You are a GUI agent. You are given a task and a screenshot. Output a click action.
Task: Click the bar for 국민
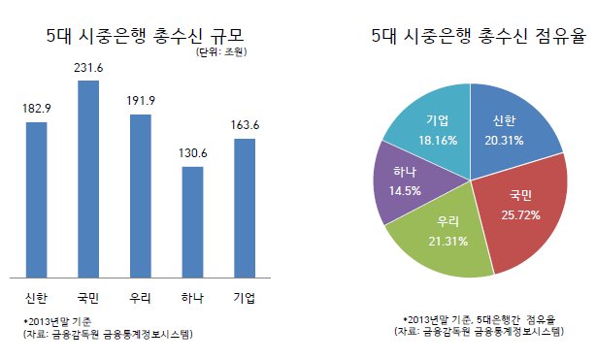coord(88,180)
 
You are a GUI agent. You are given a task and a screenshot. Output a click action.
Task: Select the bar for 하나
coord(193,222)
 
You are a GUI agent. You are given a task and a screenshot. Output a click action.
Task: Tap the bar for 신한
coord(37,200)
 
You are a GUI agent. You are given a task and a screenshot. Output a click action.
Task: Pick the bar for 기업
coord(245,209)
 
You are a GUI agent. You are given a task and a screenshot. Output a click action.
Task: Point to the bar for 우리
coord(141,196)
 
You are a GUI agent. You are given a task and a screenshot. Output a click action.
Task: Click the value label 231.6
coord(88,68)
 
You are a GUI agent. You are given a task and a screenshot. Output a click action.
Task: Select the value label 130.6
coord(193,153)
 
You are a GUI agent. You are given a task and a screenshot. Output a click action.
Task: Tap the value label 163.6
coord(245,125)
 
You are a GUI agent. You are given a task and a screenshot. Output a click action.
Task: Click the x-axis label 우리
coord(140,298)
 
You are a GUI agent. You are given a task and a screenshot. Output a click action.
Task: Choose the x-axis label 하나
coord(192,298)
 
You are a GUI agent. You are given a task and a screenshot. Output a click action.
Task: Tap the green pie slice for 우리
coord(445,236)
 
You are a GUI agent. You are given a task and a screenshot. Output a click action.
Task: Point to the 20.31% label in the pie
coord(504,141)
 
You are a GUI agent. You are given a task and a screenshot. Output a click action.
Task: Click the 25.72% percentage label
coord(520,215)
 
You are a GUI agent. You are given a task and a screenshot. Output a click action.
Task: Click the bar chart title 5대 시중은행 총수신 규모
coord(145,37)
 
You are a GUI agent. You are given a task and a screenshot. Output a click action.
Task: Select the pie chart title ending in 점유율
coord(479,36)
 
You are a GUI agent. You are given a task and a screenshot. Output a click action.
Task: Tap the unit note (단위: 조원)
coord(221,52)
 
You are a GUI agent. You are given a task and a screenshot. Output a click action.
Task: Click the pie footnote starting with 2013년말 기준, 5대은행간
coord(479,319)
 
